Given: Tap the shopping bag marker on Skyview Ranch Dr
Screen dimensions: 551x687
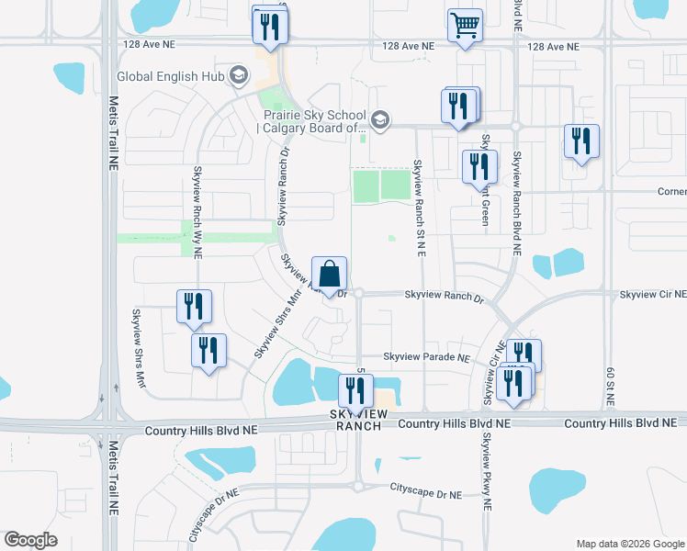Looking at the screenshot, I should point(329,274).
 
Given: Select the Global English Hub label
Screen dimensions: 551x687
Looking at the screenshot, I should point(172,75).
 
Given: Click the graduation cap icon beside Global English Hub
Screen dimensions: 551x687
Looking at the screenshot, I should point(239,75).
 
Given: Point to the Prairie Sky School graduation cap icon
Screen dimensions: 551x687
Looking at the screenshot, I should point(379,119).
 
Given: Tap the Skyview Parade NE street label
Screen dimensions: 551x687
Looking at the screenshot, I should point(426,357).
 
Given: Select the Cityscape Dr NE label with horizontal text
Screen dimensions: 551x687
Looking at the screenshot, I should point(425,494).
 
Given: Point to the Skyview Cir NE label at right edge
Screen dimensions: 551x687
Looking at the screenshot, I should point(652,295).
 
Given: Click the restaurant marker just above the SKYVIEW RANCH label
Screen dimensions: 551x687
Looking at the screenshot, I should point(355,390).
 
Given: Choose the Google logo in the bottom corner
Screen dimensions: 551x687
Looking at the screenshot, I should point(30,540).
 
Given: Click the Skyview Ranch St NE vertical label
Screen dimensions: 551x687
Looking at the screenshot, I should point(418,208).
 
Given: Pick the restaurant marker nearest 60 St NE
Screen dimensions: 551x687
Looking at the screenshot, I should point(581,142).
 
